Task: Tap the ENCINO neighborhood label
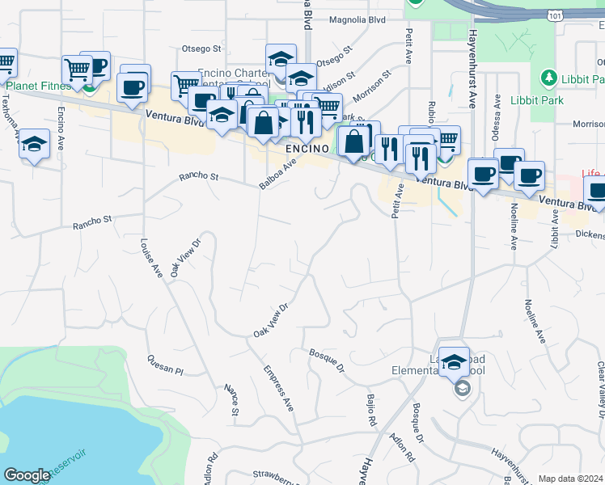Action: tap(307, 150)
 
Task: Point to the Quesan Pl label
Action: tap(166, 364)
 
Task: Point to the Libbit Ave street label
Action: tap(556, 227)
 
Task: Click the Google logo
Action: tap(27, 475)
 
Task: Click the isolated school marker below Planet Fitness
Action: tap(33, 145)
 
